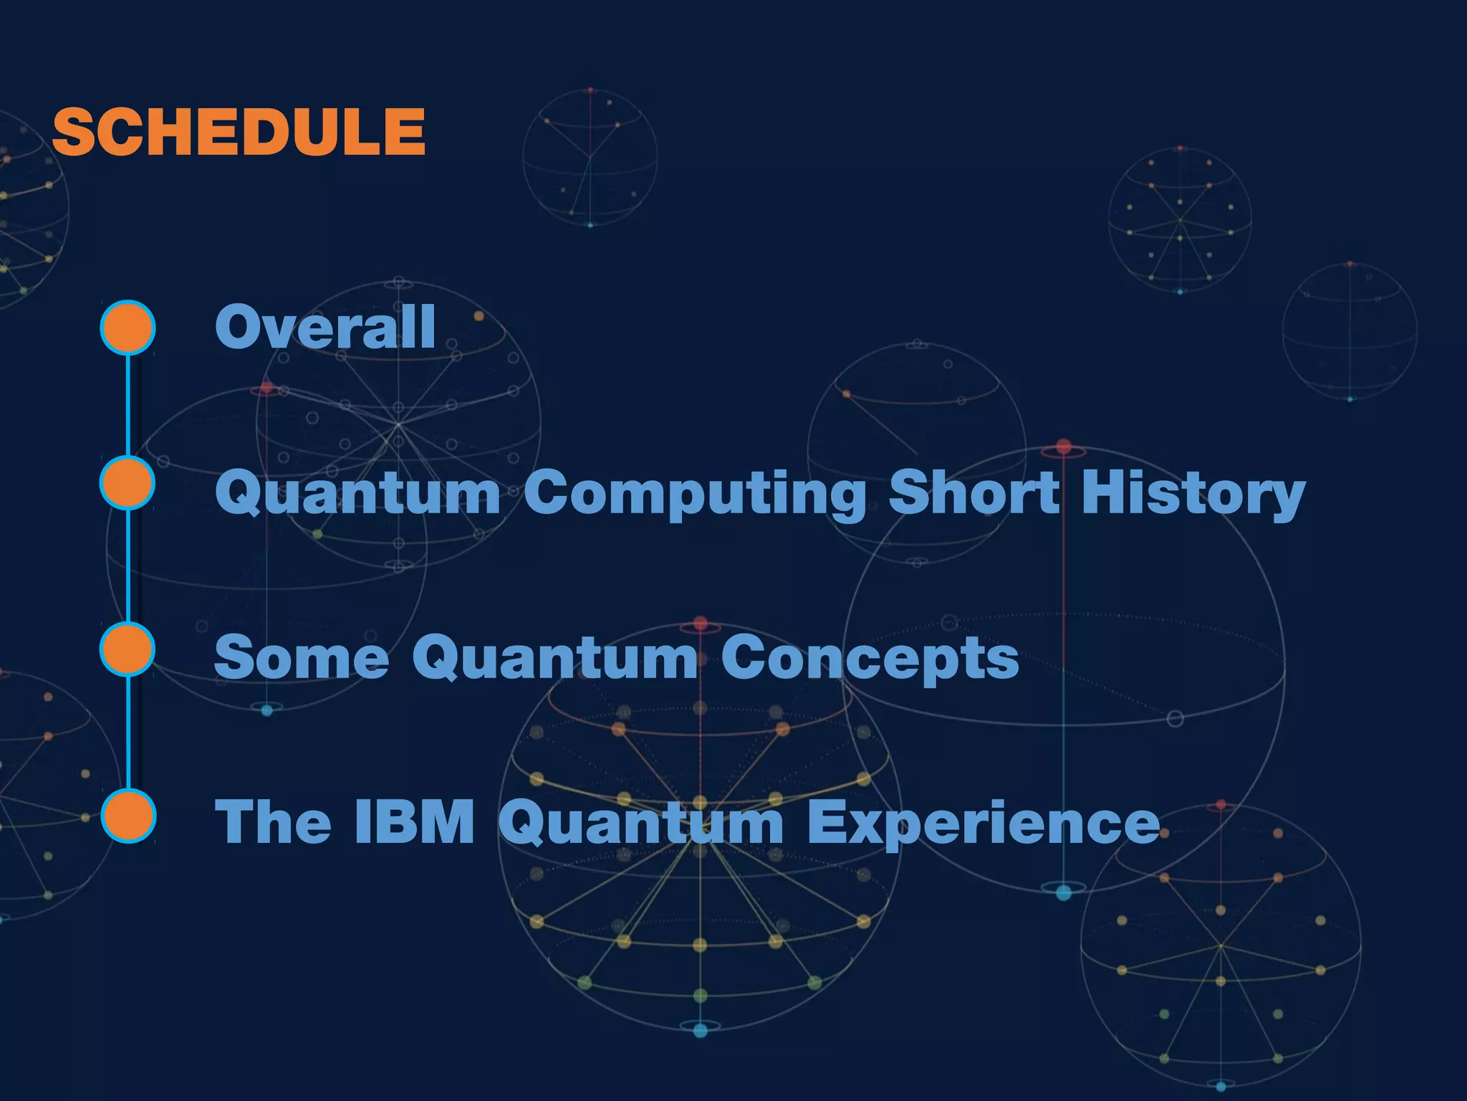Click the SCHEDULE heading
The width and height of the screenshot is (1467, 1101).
[239, 132]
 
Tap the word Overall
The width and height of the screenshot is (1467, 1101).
[325, 327]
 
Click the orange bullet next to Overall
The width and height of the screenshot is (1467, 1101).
[128, 328]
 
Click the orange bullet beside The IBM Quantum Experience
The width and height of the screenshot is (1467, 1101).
[128, 816]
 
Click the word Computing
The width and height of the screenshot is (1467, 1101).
[695, 493]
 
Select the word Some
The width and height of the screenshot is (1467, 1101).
[301, 657]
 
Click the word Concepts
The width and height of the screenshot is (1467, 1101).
[870, 657]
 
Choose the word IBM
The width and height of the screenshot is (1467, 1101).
[414, 821]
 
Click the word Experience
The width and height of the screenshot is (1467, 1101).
[982, 823]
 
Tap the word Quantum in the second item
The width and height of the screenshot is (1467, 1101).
[357, 493]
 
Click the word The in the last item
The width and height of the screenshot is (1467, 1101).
[273, 821]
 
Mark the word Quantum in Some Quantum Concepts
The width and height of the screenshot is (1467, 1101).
[554, 657]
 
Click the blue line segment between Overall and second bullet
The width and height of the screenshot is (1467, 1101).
[128, 405]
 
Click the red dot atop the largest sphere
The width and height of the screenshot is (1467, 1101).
[1064, 447]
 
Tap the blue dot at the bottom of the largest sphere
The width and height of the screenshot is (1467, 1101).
[1064, 892]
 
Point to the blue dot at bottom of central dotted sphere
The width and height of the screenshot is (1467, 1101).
[701, 1031]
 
